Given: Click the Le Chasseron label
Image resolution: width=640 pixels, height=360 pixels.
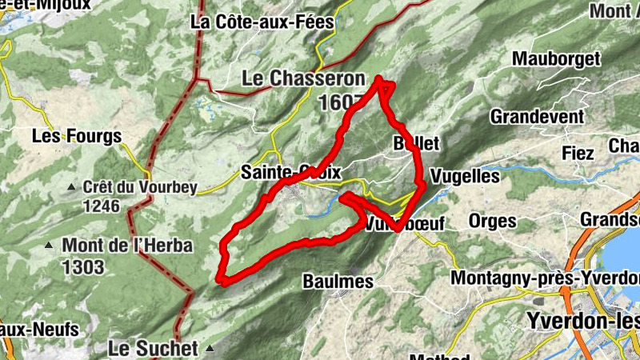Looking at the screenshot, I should point(303,79).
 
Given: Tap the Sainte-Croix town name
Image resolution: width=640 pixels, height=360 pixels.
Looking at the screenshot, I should point(291,172).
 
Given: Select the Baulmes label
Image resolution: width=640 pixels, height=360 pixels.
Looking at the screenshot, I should point(338,281).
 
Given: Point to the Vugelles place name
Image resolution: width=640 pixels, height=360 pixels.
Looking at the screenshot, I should point(465,175).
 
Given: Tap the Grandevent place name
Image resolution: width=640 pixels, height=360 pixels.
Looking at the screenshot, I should point(538,117).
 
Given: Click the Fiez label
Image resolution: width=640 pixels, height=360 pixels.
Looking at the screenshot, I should point(578,153).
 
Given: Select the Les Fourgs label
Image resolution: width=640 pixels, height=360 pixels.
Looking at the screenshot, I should point(77,136).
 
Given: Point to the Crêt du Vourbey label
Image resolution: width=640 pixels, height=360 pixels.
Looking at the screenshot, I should point(134,187).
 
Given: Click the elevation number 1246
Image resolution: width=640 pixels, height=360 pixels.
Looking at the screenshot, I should point(100,206).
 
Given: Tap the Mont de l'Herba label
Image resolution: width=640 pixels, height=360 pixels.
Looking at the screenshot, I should point(127,246).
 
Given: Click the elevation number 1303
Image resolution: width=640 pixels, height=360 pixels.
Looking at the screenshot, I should point(82,266).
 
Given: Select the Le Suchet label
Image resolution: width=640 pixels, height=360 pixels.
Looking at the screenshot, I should point(153,348).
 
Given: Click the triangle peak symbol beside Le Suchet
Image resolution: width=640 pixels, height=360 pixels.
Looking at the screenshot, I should point(210,348).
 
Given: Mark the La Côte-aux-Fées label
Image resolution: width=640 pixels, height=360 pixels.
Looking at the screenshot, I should point(262,22).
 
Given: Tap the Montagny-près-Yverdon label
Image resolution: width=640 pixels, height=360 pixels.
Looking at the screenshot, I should point(545,278).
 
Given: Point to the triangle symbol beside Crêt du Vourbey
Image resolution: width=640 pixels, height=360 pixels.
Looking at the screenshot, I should point(71,187).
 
